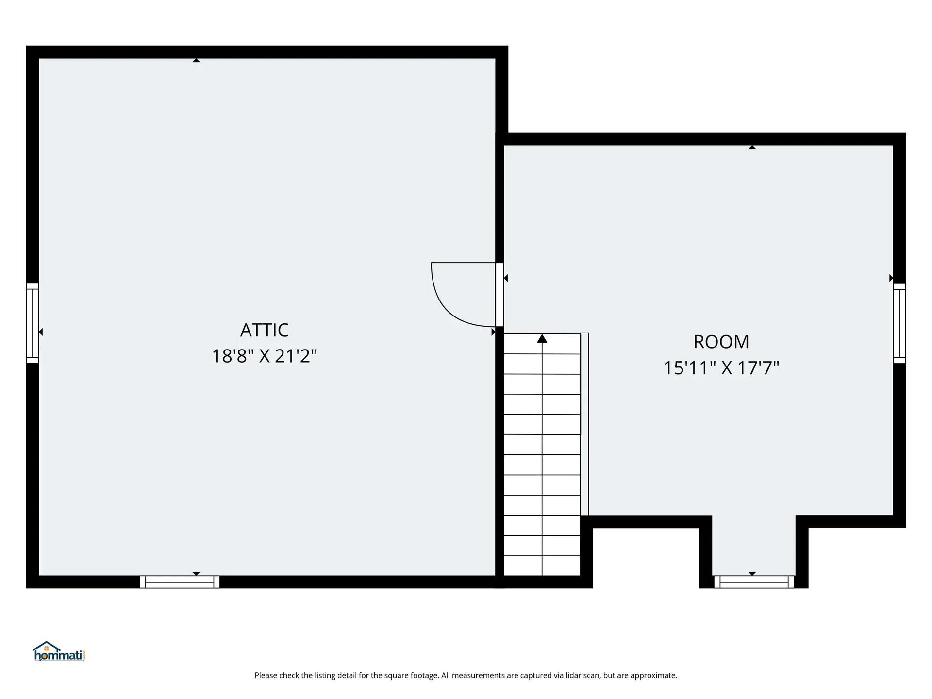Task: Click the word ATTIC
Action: (x=264, y=330)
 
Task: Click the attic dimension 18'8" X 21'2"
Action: (x=264, y=356)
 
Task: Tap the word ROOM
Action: (x=721, y=342)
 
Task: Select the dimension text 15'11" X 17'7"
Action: (x=721, y=368)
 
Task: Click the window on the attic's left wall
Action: (x=32, y=323)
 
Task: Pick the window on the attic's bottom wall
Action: (x=180, y=582)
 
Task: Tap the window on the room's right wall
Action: (x=899, y=323)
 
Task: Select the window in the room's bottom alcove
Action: (x=753, y=582)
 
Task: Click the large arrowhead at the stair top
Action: (x=542, y=338)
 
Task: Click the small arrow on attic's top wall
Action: (x=196, y=60)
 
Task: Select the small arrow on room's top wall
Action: (x=752, y=147)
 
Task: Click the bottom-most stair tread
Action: (x=542, y=566)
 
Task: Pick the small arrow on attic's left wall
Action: (x=41, y=332)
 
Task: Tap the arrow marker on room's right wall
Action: (x=891, y=278)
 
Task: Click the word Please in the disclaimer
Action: (x=266, y=675)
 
